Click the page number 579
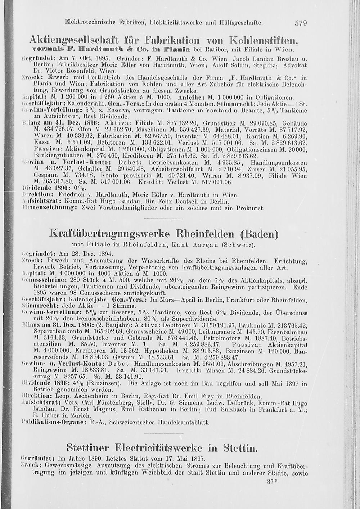click(301, 23)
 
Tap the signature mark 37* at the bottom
click(273, 482)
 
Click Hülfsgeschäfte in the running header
click(242, 22)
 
